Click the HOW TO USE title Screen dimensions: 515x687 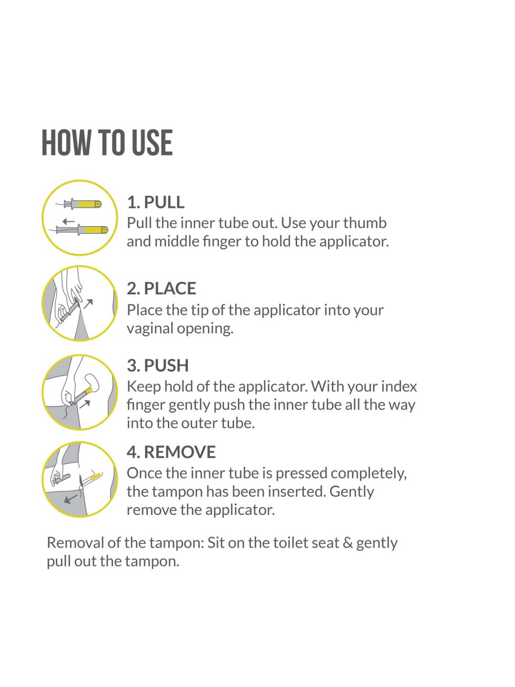pos(107,143)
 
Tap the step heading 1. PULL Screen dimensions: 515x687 pos(156,202)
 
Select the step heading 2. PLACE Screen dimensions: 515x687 pos(161,288)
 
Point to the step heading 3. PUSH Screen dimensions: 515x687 pos(158,365)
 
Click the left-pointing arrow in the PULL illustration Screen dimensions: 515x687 pos(69,222)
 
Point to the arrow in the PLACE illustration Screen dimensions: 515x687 pos(89,304)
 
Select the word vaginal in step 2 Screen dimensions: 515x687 pos(150,329)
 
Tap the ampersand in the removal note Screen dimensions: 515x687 pos(348,543)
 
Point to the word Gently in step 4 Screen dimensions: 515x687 pos(352,492)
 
